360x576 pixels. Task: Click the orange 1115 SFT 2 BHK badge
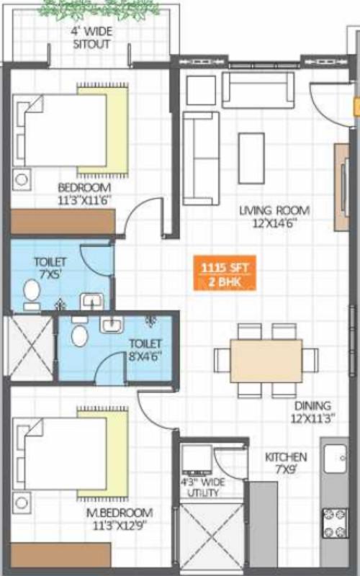pos(224,274)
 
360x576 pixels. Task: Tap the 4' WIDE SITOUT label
pos(91,37)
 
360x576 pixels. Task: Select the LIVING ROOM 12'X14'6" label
pos(274,216)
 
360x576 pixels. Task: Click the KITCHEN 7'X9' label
pos(286,462)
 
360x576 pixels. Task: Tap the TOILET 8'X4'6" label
pos(145,350)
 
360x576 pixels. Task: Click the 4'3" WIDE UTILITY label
pos(202,488)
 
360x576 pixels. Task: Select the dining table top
pos(266,361)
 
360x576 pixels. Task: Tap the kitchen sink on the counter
pos(336,458)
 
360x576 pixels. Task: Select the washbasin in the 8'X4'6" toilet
pos(111,326)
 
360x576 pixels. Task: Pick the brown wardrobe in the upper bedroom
pos(63,221)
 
